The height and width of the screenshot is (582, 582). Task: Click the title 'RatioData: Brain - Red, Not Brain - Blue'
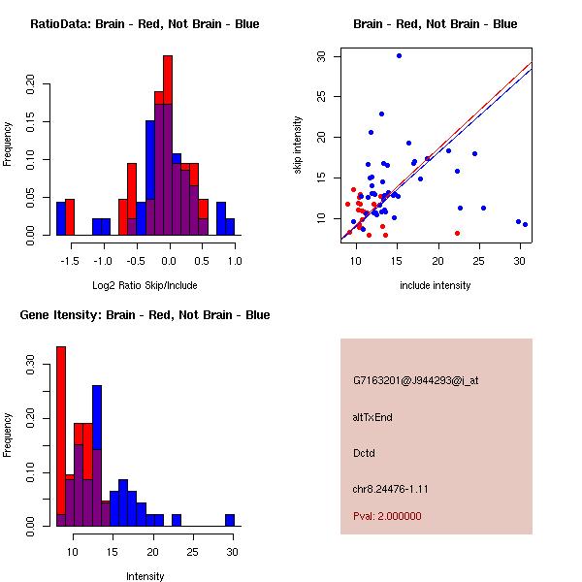[144, 24]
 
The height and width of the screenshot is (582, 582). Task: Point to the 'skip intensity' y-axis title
[299, 145]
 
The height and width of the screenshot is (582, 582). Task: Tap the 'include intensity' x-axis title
[436, 285]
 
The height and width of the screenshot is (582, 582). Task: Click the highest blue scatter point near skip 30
[399, 55]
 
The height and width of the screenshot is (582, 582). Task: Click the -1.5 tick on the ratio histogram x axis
[67, 261]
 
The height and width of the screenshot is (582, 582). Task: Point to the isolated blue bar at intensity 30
[230, 520]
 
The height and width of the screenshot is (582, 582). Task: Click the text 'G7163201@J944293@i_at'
[415, 380]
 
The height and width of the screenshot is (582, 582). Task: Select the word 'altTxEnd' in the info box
[372, 417]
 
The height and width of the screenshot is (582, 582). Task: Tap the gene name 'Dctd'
[364, 453]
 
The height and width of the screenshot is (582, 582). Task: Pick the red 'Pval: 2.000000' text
[387, 516]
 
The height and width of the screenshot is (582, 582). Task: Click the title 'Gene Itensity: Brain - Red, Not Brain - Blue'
[144, 315]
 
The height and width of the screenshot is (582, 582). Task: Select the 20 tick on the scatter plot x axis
[438, 261]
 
